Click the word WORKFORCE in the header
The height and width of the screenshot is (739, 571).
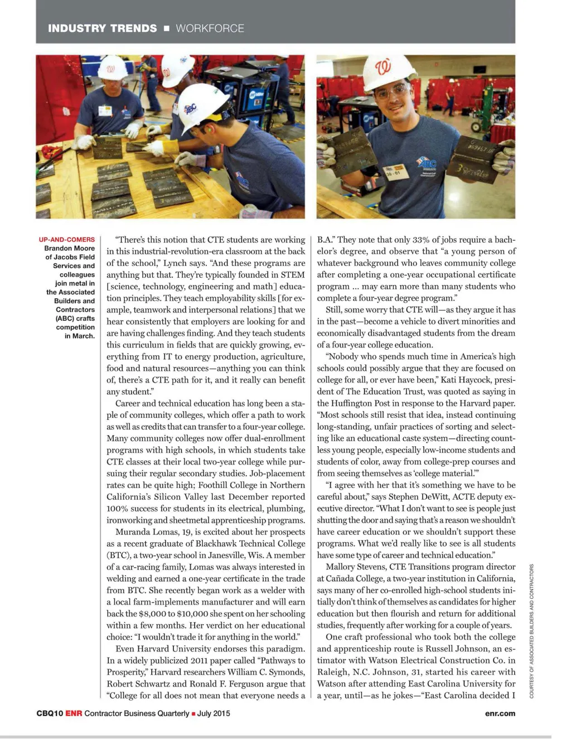pyautogui.click(x=210, y=28)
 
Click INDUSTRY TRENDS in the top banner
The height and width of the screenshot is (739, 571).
pyautogui.click(x=102, y=28)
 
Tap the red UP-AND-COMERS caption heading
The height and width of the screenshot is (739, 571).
pyautogui.click(x=67, y=240)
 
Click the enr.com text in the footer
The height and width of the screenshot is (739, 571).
pyautogui.click(x=500, y=713)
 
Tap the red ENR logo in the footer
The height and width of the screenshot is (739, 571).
pyautogui.click(x=74, y=713)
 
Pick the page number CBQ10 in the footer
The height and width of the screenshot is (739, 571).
pyautogui.click(x=50, y=713)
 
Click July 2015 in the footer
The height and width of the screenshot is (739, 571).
pyautogui.click(x=214, y=713)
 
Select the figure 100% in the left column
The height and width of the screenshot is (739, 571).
pyautogui.click(x=118, y=509)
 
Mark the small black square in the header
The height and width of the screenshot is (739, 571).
pyautogui.click(x=166, y=28)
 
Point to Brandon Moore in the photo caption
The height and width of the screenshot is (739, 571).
pyautogui.click(x=70, y=248)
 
